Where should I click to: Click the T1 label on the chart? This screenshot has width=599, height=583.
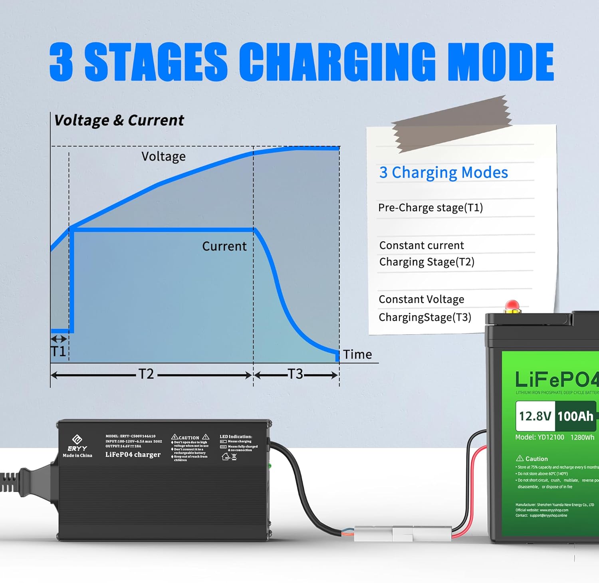point(58,351)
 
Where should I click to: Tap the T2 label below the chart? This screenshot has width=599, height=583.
point(146,374)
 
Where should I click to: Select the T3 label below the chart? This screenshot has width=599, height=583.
point(296,374)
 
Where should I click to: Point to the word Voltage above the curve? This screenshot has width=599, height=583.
point(163,157)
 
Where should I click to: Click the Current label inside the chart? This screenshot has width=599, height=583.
point(224,246)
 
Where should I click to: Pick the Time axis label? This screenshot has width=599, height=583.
point(357,355)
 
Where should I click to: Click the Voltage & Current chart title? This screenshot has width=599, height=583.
point(119,120)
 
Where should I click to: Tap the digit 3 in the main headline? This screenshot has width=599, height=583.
point(61,62)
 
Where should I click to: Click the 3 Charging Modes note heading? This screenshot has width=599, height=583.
point(443,173)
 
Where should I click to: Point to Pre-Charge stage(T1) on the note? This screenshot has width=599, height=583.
point(430,208)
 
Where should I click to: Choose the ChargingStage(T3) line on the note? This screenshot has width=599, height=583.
point(425,317)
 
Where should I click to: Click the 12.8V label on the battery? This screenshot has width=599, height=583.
point(535,416)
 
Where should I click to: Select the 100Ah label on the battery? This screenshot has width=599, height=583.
point(575,416)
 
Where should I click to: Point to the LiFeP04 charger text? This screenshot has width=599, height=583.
point(133,454)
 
